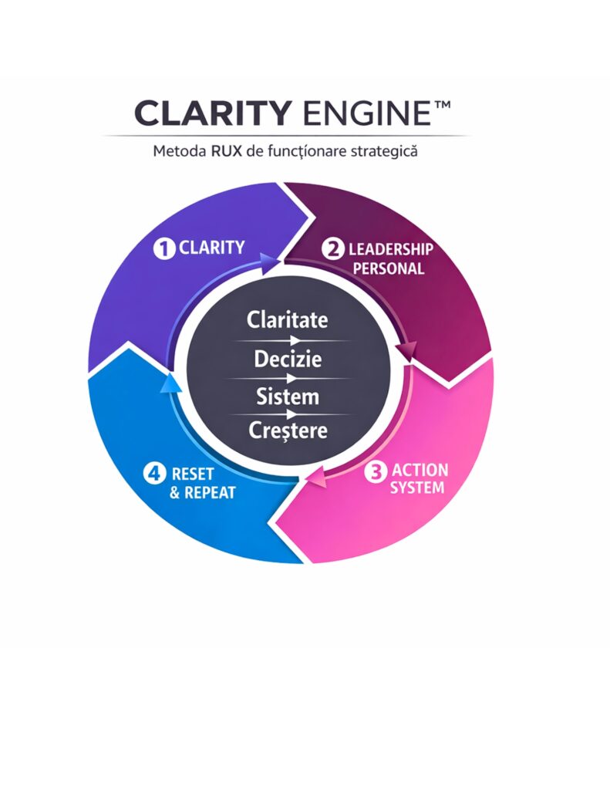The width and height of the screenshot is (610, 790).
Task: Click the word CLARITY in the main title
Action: pos(210,113)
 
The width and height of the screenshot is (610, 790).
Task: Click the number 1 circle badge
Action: pos(164,248)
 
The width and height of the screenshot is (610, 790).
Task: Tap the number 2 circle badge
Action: pos(334,249)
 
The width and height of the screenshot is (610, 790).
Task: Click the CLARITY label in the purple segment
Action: pos(211,248)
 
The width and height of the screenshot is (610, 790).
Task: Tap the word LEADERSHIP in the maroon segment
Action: pos(391,249)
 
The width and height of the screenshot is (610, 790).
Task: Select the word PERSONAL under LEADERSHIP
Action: pos(394,269)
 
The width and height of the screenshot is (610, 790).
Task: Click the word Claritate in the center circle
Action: pos(287,319)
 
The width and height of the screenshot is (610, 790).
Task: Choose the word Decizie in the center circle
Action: pos(287,360)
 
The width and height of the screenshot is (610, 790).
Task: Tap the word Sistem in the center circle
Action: pos(287,397)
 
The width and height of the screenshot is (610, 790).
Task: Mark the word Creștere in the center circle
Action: pos(288,430)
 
